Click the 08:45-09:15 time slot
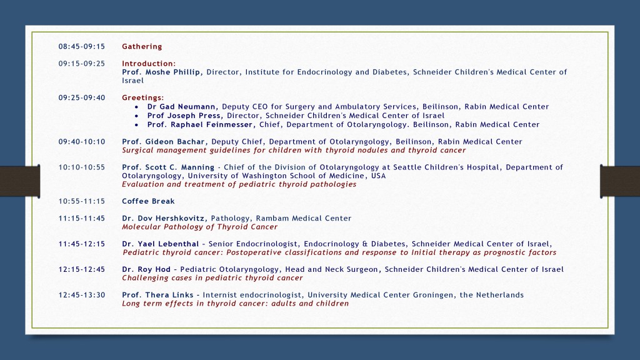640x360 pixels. tap(81, 47)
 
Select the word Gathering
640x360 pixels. tap(142, 47)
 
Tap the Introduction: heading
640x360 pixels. tap(149, 64)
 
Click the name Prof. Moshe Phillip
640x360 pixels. tap(162, 72)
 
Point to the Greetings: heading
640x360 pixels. tap(143, 97)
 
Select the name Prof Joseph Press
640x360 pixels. tap(184, 116)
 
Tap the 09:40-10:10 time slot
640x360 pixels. tap(81, 142)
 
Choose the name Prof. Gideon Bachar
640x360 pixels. tap(163, 142)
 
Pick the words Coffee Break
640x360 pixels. tap(148, 201)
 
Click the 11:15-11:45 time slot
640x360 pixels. tap(81, 219)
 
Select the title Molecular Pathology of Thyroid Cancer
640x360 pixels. tap(199, 227)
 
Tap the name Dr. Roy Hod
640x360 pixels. tap(146, 269)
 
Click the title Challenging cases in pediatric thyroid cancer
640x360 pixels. tap(212, 278)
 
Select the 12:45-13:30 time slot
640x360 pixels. tap(81, 295)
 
